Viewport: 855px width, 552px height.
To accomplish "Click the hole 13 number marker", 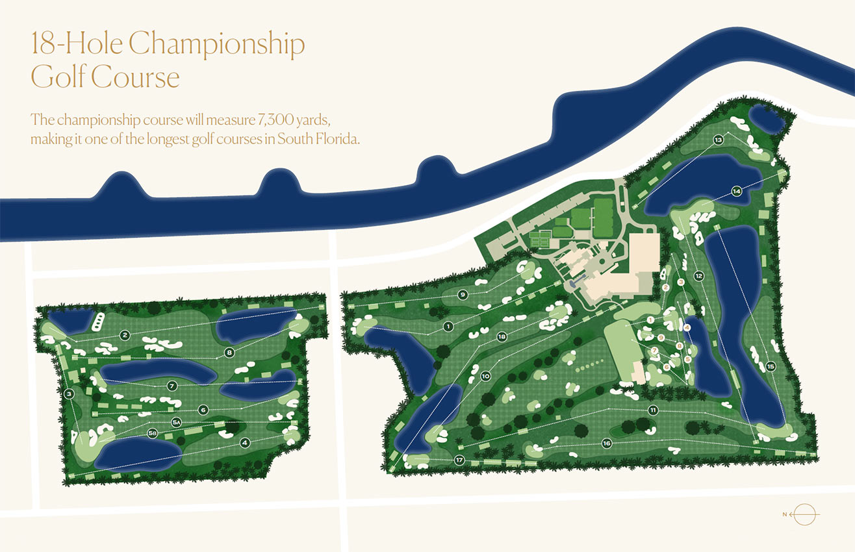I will tap(718, 140).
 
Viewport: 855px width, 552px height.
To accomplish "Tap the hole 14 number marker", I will tap(736, 191).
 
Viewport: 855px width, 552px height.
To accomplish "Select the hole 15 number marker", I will tap(771, 366).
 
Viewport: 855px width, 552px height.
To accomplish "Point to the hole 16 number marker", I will tap(607, 443).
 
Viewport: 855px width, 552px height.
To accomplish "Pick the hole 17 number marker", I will tap(459, 460).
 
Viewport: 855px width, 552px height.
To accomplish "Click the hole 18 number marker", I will tap(502, 337).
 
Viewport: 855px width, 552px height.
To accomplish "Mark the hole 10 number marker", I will tap(485, 376).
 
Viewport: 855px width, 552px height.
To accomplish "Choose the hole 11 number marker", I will tap(653, 410).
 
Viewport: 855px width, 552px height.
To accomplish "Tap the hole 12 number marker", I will tap(698, 275).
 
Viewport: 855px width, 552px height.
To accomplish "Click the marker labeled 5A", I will tap(175, 422).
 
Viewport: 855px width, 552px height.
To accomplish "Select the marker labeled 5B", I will tap(151, 433).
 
